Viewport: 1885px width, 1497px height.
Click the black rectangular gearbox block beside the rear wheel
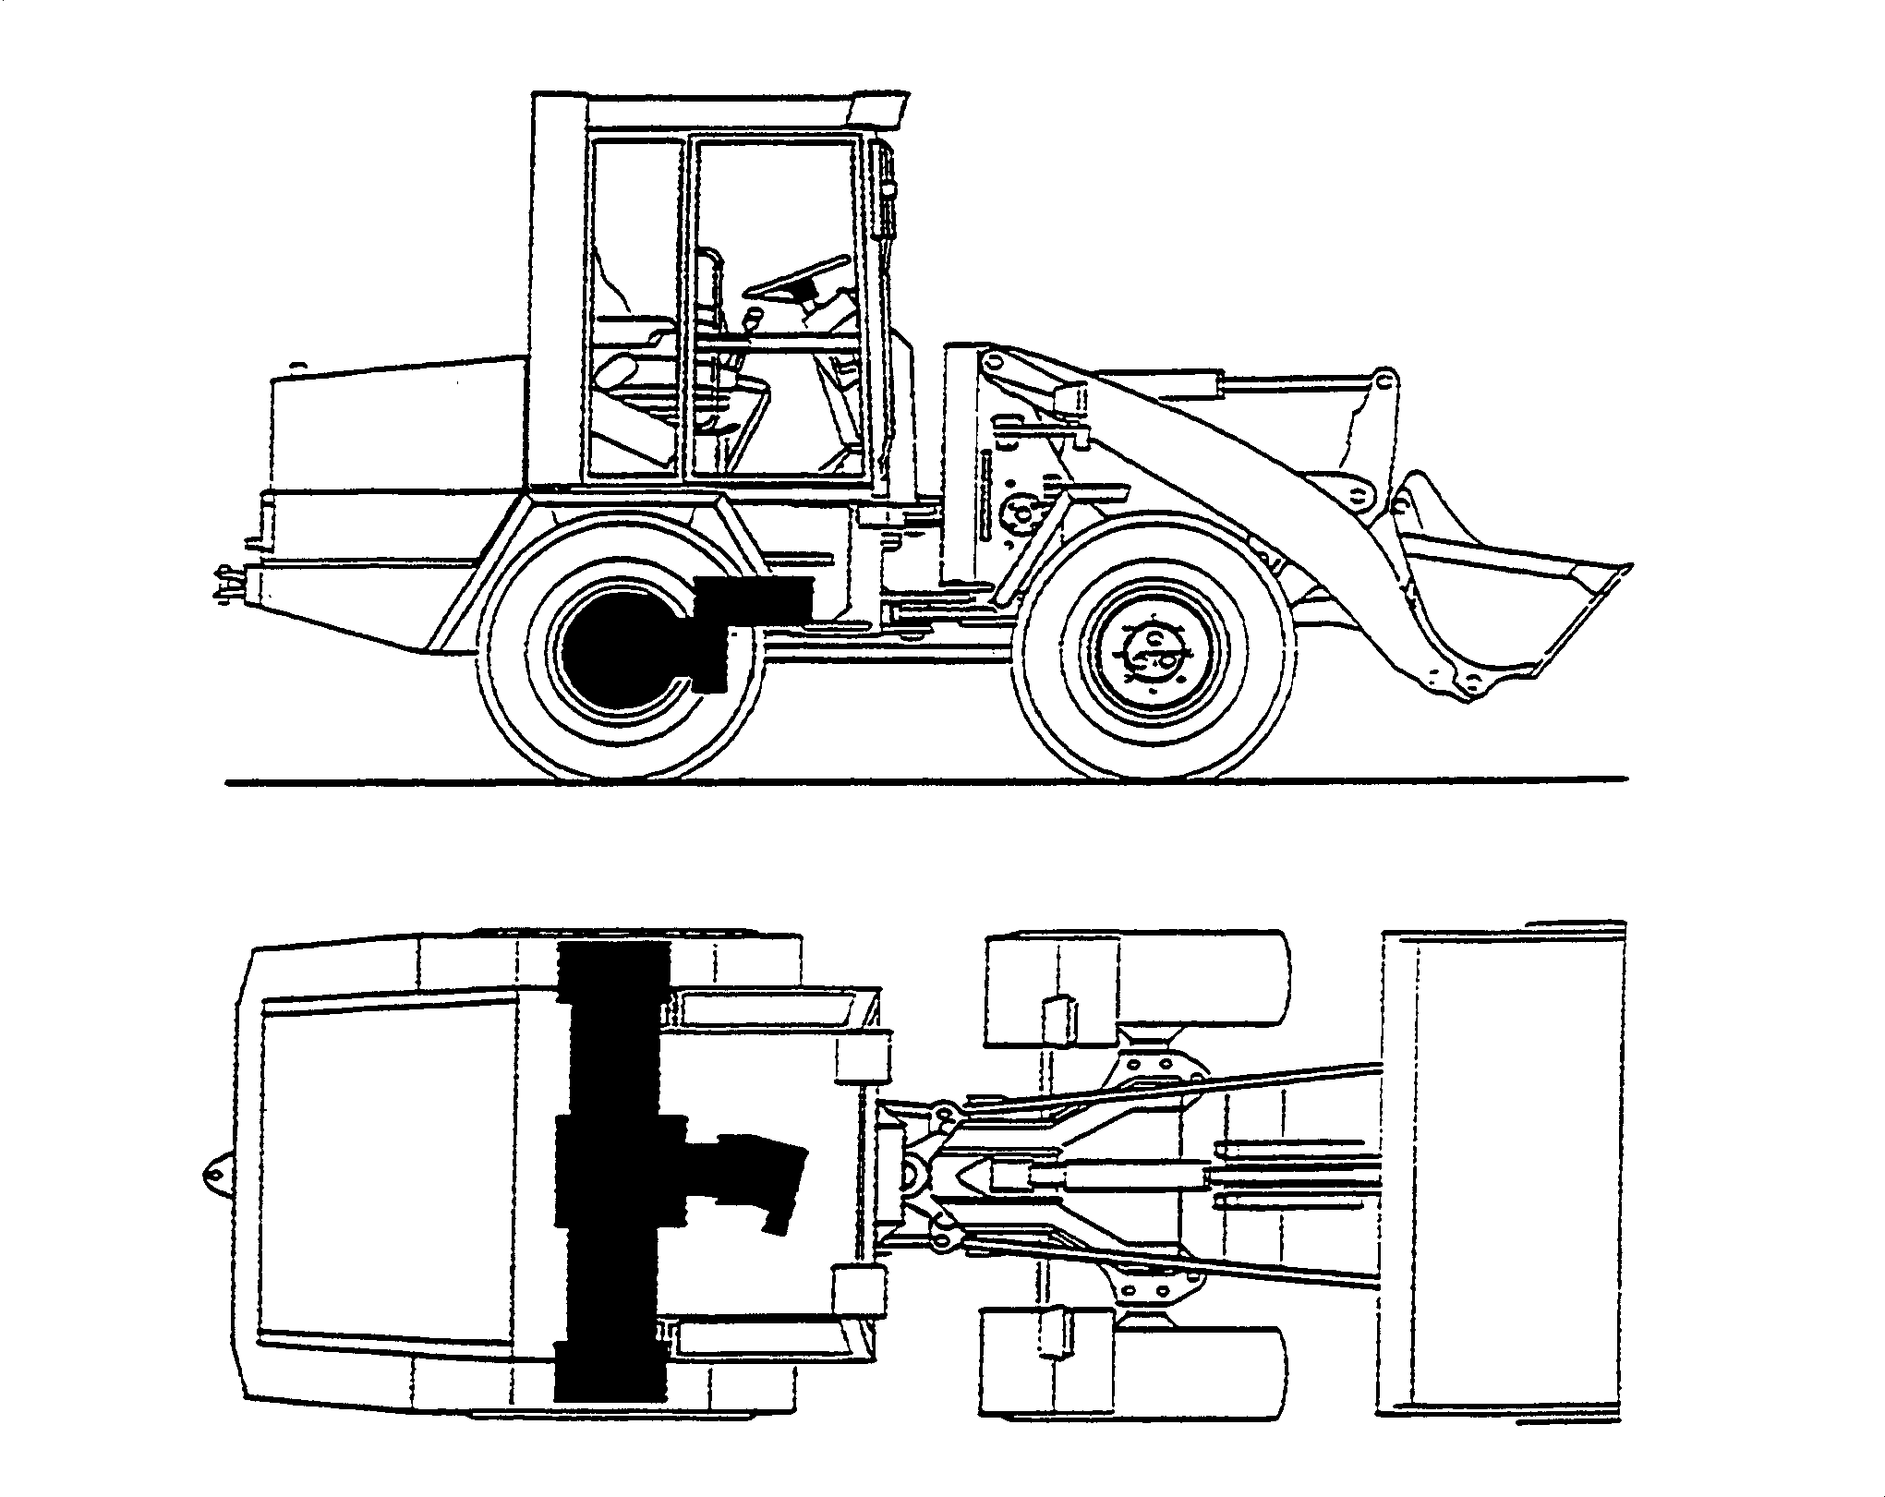coord(753,598)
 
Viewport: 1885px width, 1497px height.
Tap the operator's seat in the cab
coord(637,369)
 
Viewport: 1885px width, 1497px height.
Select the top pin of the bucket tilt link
coord(1384,380)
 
